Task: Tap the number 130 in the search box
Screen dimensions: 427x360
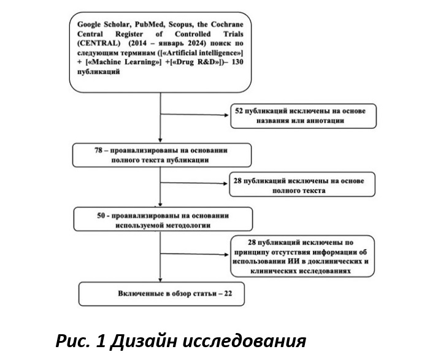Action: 237,62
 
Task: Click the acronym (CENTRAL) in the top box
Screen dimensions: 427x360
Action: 99,44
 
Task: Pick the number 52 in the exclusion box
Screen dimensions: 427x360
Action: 239,111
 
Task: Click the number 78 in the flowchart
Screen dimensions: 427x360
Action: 98,150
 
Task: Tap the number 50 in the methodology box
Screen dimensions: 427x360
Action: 101,216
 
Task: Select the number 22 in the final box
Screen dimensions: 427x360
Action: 228,293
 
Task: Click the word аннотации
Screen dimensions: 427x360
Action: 325,121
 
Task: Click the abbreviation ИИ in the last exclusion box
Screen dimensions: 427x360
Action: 293,261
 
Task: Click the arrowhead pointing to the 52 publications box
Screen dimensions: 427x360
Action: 226,115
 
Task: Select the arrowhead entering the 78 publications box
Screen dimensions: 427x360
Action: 160,140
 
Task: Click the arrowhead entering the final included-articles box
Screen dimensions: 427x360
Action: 160,280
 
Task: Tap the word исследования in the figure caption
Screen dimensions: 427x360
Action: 244,342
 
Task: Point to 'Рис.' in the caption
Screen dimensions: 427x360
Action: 73,341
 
